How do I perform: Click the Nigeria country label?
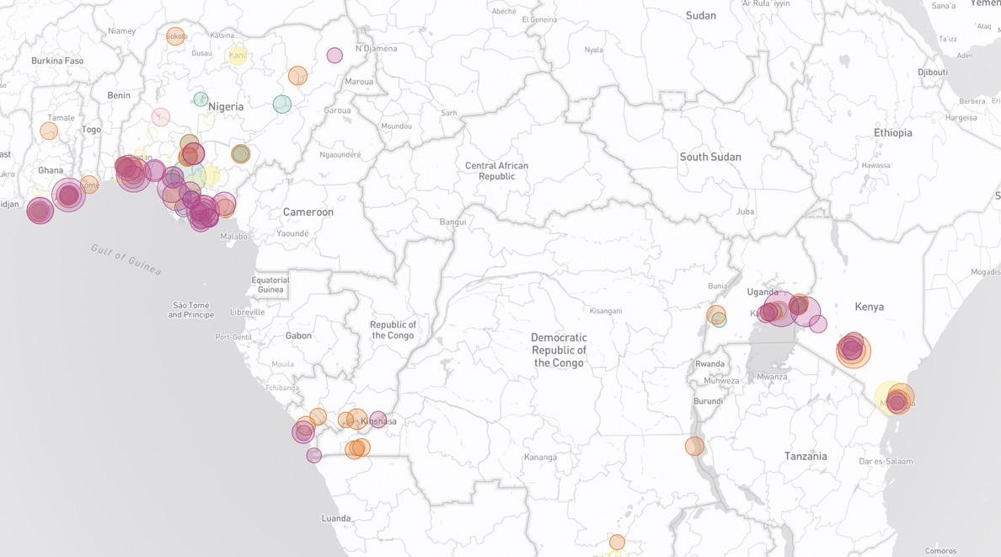(x=226, y=107)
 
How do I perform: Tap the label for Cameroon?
(x=308, y=212)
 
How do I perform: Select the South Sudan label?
(x=710, y=157)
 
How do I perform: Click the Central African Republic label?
(x=496, y=171)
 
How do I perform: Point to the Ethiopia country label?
(x=892, y=133)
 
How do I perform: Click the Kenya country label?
(x=869, y=307)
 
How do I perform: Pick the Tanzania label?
(x=806, y=457)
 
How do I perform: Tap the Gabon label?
(x=298, y=335)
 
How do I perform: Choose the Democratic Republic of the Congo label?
(x=559, y=350)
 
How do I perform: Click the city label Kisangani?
(x=605, y=311)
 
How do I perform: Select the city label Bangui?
(x=452, y=222)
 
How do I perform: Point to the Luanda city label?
(x=335, y=518)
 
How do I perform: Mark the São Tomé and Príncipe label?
(x=191, y=310)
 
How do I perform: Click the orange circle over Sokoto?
(x=175, y=36)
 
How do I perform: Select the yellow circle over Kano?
(x=238, y=56)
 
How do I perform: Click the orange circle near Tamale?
(x=49, y=131)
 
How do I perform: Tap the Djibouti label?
(x=932, y=72)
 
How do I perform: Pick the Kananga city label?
(x=540, y=458)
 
